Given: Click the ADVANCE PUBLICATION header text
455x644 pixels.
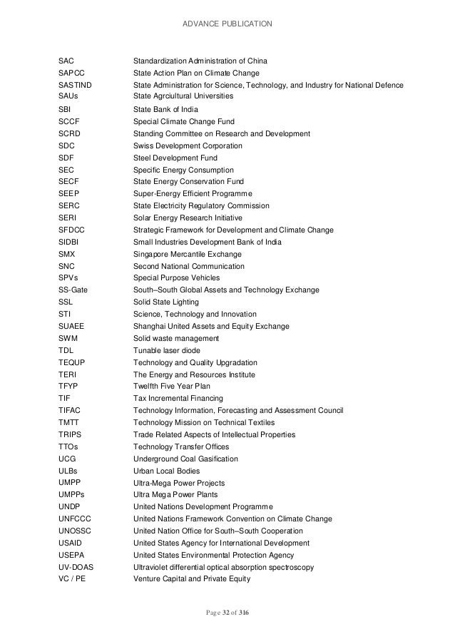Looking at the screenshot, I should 227,25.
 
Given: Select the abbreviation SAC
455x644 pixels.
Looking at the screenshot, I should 66,60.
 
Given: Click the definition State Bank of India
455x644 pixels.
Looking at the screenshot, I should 165,109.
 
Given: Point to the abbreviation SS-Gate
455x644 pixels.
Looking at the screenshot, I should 73,290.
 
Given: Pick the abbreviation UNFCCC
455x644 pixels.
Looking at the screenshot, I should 74,518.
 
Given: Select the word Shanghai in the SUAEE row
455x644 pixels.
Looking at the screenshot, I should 150,327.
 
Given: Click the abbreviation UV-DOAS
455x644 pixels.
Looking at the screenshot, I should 76,566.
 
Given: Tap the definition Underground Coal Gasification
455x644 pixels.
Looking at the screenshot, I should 186,459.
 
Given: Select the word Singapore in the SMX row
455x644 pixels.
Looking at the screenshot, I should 152,254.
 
